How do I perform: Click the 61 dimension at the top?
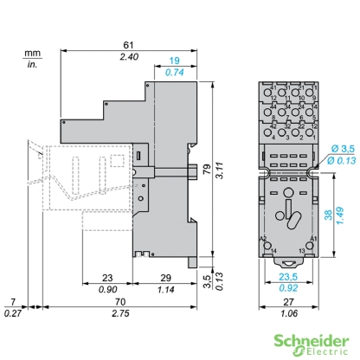tap(127, 44)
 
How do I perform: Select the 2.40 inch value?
tap(127, 56)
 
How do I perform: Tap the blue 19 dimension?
tap(175, 62)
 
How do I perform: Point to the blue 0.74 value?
tap(175, 74)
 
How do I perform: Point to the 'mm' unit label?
tap(32, 52)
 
